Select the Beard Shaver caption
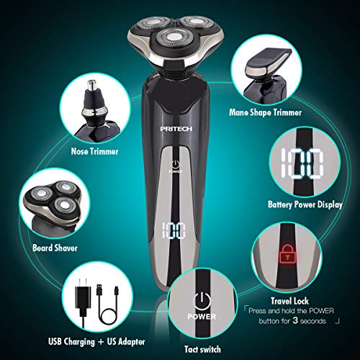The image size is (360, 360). click(53, 247)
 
